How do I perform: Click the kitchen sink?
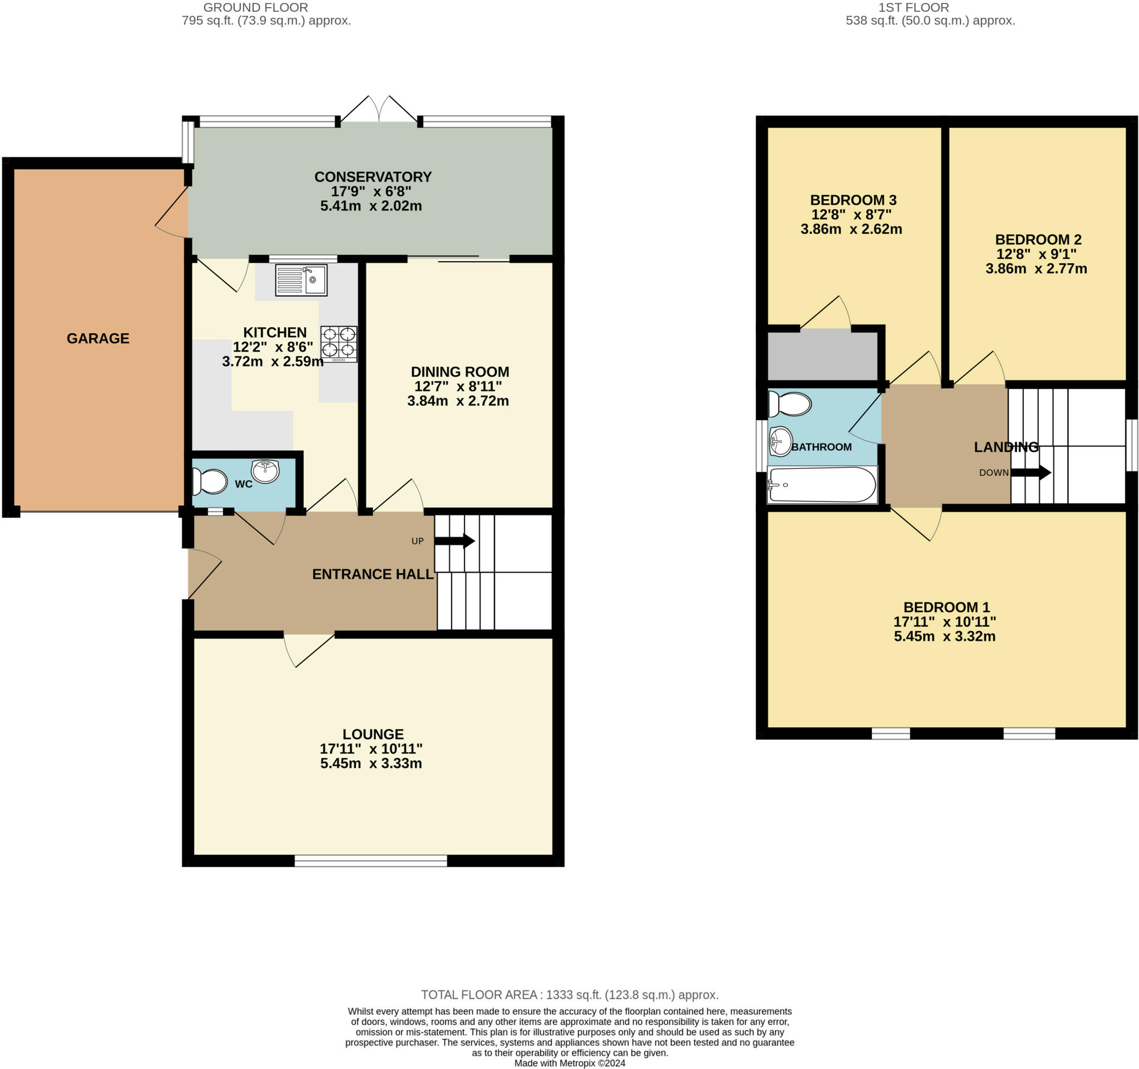(301, 280)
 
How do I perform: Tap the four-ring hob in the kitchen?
(339, 344)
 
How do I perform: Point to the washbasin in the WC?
(265, 471)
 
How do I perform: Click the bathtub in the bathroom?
(822, 485)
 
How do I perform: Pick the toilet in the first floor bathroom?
(790, 404)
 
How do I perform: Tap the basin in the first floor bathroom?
(780, 441)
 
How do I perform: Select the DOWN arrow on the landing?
(1031, 472)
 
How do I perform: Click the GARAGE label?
(98, 338)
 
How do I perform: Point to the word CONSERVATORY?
(373, 176)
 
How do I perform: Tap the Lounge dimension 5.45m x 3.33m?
(372, 763)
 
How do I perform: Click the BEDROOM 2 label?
(1038, 239)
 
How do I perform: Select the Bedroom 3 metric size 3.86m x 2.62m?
(851, 229)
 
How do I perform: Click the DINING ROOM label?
(460, 371)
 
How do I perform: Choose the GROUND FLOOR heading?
(255, 7)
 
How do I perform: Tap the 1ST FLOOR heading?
(914, 7)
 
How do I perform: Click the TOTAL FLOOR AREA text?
(570, 994)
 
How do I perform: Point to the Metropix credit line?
(570, 1063)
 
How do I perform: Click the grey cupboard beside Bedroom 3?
(823, 355)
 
